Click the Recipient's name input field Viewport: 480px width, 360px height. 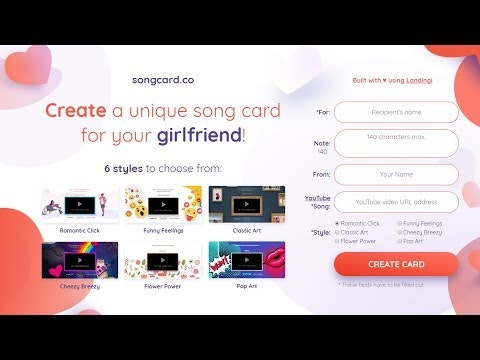tap(396, 112)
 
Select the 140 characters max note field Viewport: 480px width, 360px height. tap(396, 142)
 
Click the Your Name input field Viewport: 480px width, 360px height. tap(396, 174)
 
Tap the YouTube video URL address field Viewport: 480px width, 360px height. tap(396, 202)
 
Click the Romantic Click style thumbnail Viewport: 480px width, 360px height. tap(79, 204)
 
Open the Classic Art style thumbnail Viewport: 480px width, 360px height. tap(246, 204)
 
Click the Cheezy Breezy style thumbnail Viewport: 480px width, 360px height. tap(79, 260)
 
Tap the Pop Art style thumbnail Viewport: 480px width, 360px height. tap(246, 260)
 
